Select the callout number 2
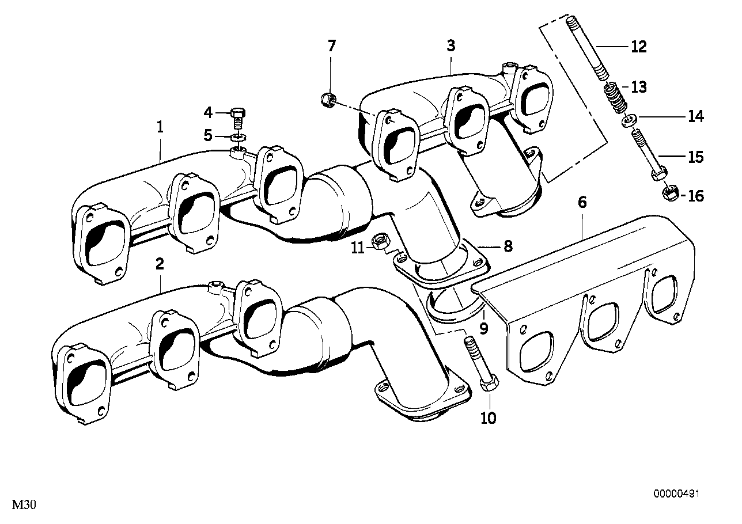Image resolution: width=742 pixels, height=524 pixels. tap(160, 264)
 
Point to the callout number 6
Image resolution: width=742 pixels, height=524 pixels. tap(582, 202)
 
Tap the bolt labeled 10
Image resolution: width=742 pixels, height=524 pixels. tap(479, 369)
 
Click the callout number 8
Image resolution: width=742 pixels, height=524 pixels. tap(507, 247)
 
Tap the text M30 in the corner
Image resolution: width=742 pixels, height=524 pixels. tap(24, 506)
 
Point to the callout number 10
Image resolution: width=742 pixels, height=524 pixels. tap(487, 418)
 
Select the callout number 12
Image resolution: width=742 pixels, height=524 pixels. tap(639, 47)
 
